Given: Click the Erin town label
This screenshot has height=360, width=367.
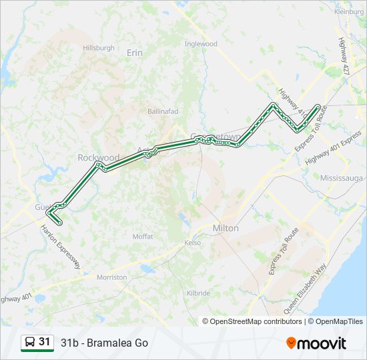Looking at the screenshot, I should coord(135,52).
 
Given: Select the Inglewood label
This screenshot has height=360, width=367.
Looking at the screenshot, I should coord(201,44).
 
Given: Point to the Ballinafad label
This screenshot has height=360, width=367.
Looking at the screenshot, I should coord(164,111).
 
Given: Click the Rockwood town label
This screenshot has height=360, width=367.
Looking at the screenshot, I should coord(98,157).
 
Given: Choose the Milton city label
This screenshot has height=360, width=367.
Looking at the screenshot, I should coord(225,228).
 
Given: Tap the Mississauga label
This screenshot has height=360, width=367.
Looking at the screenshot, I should coord(341,179).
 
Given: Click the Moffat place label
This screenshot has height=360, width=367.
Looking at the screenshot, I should coord(143,237).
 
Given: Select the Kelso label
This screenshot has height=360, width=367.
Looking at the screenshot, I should coord(193,243).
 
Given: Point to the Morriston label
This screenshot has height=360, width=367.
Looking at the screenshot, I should coord(111,277).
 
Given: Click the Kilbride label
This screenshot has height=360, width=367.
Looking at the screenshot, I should coord(198,293).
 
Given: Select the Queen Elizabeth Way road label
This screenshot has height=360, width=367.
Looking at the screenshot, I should coord(306,289).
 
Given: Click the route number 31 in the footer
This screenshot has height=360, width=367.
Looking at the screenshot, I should coord(45,342).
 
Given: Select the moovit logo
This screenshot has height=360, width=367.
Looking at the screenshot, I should coord(316,343).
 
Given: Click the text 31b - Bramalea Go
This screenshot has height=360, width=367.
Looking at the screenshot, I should coord(104,343).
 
